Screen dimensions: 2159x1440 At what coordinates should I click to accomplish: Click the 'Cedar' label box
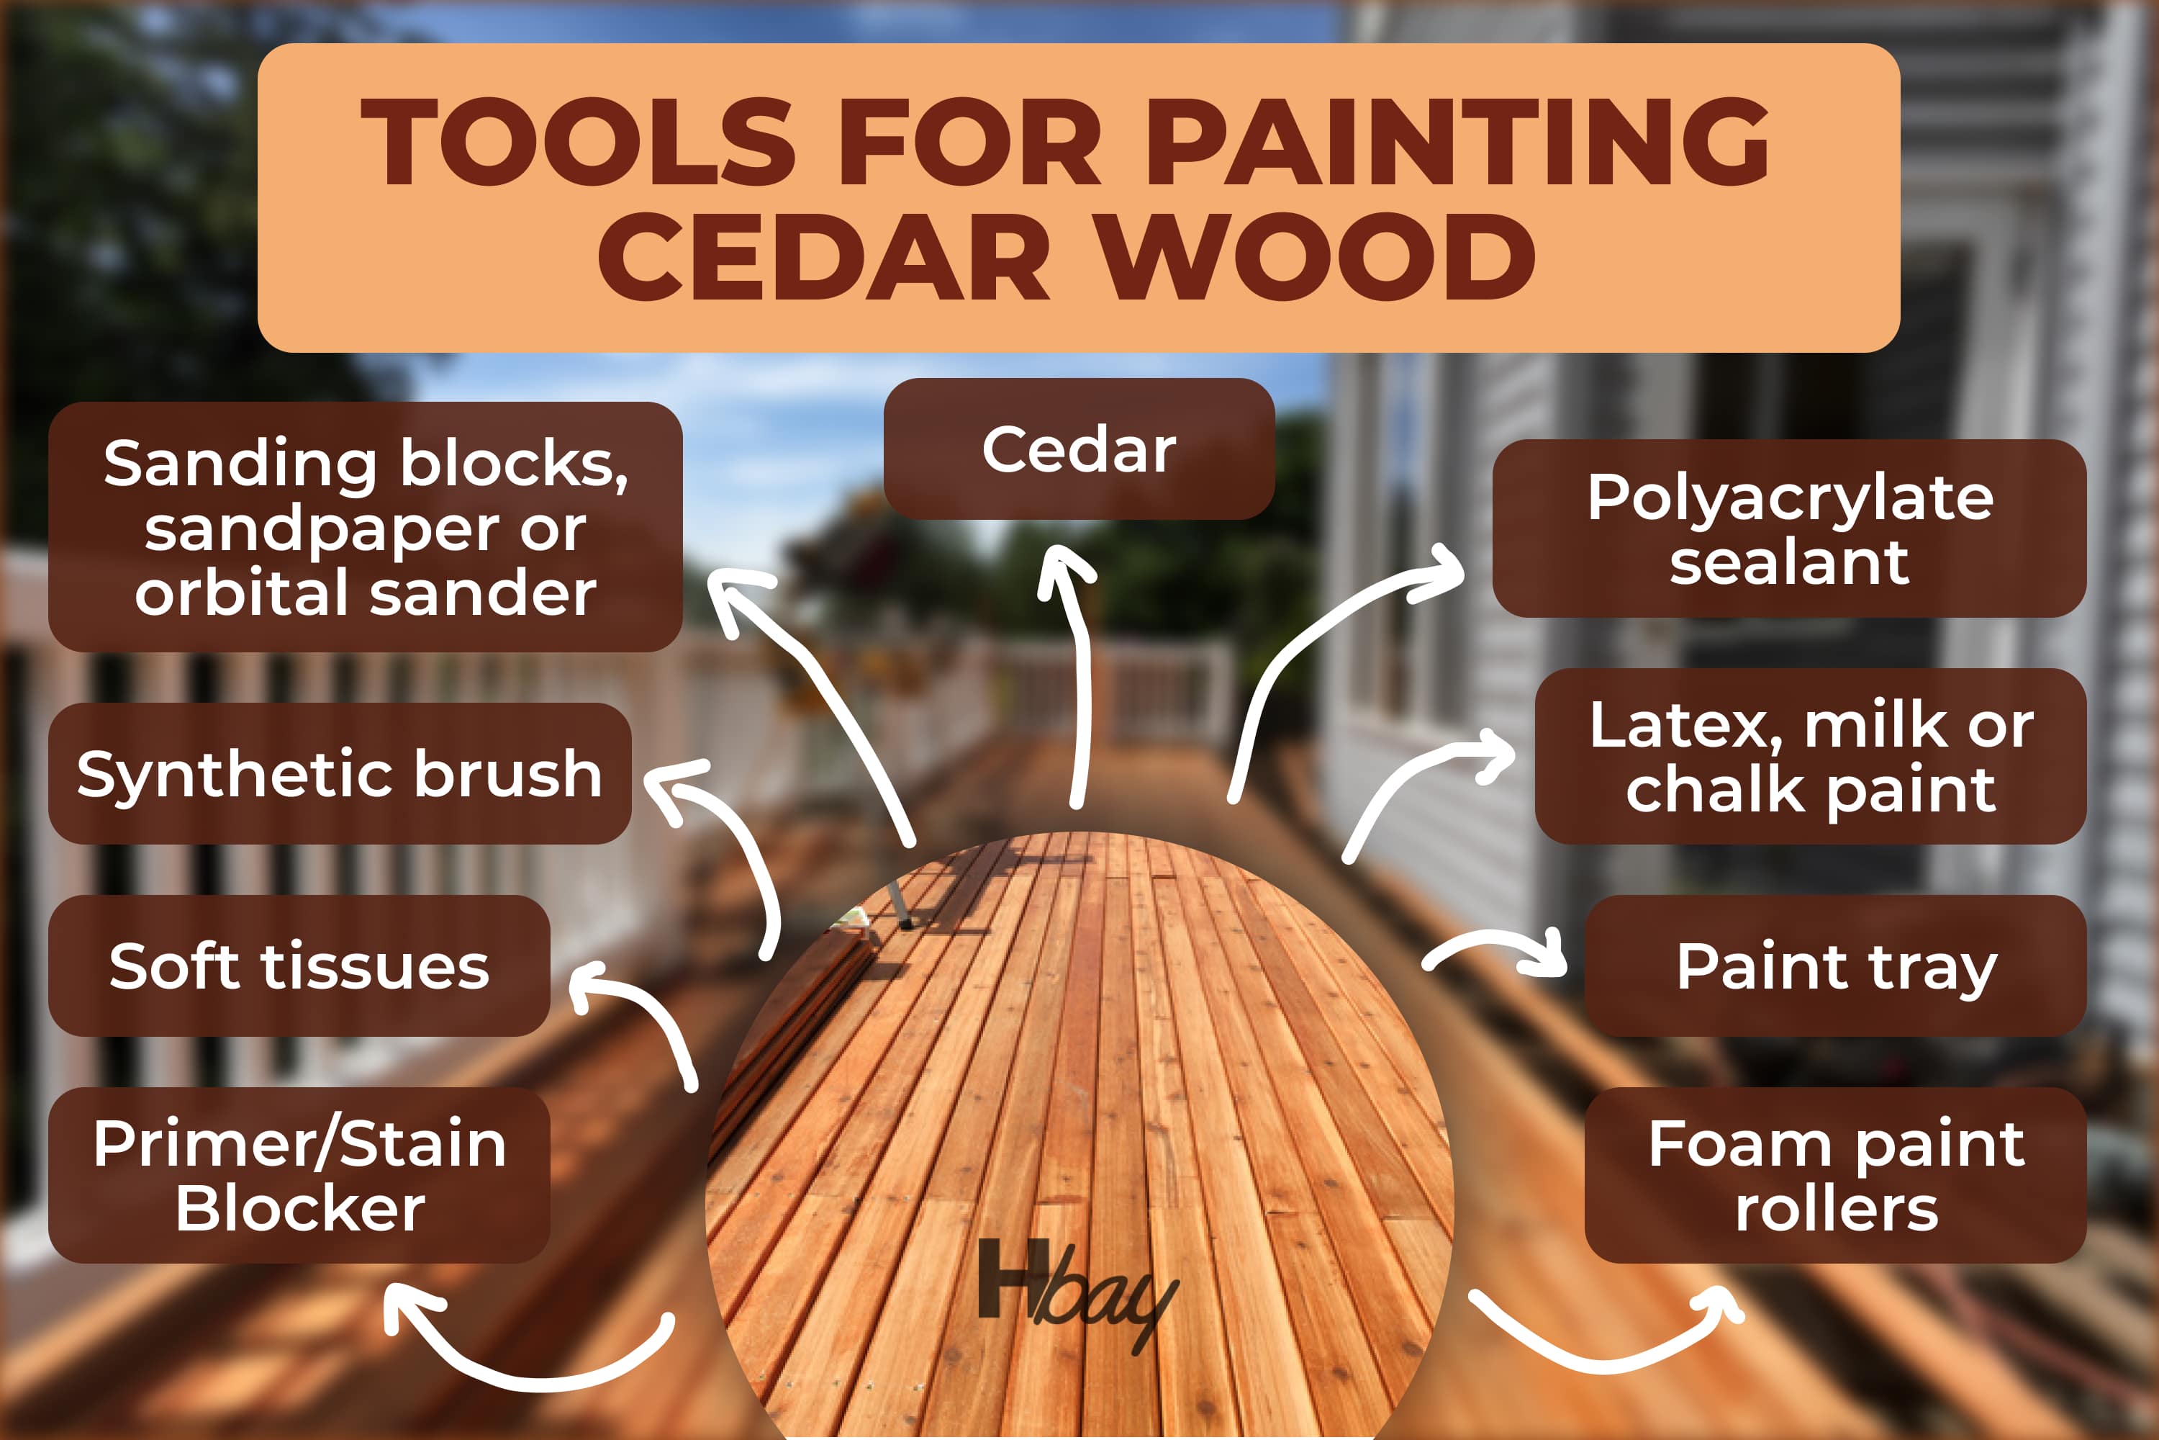pos(1079,449)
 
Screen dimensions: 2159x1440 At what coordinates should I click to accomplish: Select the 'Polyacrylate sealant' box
pos(1789,528)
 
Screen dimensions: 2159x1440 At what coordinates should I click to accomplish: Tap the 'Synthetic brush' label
pos(340,773)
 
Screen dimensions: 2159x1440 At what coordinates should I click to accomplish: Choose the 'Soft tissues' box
pos(299,966)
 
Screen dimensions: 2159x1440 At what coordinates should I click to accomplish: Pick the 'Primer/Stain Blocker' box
pos(299,1176)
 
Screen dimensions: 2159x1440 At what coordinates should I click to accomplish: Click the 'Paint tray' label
pos(1836,966)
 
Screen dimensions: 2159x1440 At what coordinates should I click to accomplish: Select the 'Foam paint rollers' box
pos(1836,1176)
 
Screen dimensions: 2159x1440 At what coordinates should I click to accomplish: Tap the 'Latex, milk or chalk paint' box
pos(1810,757)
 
